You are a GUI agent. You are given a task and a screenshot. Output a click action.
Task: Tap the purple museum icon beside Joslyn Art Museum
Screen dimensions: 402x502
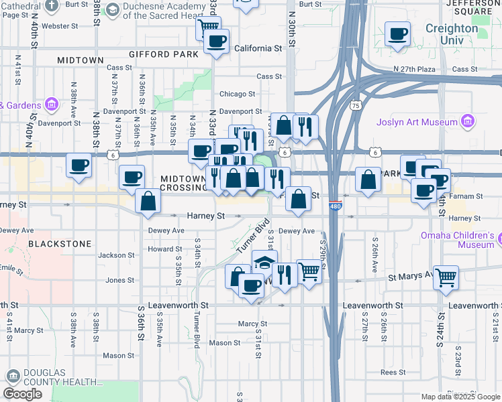pyautogui.click(x=468, y=122)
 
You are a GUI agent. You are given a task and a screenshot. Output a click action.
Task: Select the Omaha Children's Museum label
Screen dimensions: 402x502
pyautogui.click(x=458, y=240)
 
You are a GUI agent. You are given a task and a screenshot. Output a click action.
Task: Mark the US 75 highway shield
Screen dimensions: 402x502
pyautogui.click(x=356, y=106)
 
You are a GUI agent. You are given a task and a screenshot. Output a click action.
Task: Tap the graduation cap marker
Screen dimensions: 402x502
pyautogui.click(x=264, y=262)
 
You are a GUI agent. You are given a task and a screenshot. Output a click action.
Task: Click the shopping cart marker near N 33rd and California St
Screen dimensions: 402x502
pyautogui.click(x=208, y=28)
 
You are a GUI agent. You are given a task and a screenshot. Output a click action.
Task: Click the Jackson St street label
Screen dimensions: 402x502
pyautogui.click(x=116, y=255)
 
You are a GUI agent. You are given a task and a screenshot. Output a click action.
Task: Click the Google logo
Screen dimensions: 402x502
pyautogui.click(x=22, y=393)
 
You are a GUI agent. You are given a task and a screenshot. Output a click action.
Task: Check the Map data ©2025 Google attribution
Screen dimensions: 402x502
pyautogui.click(x=460, y=397)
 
